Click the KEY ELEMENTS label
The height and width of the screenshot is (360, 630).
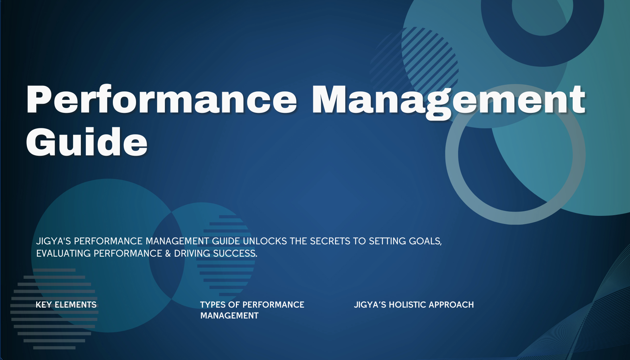pos(66,305)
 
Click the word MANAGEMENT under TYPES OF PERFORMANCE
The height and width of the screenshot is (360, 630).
pos(229,316)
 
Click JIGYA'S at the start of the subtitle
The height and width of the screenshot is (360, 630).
pos(53,241)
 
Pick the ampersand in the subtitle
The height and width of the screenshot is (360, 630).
pos(168,253)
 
